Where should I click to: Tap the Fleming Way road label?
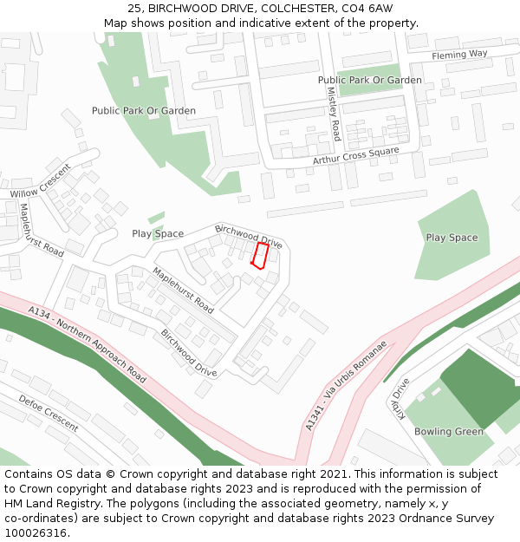pyautogui.click(x=459, y=55)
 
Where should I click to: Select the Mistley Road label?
pyautogui.click(x=334, y=118)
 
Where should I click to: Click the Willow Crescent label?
pyautogui.click(x=40, y=181)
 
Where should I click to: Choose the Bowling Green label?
pyautogui.click(x=448, y=431)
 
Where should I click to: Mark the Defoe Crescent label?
pyautogui.click(x=49, y=414)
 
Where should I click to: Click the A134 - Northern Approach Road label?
pyautogui.click(x=87, y=344)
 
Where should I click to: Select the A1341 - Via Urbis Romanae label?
pyautogui.click(x=345, y=385)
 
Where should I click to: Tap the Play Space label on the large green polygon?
pyautogui.click(x=452, y=237)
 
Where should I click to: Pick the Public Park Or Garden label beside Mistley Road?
pyautogui.click(x=370, y=80)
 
